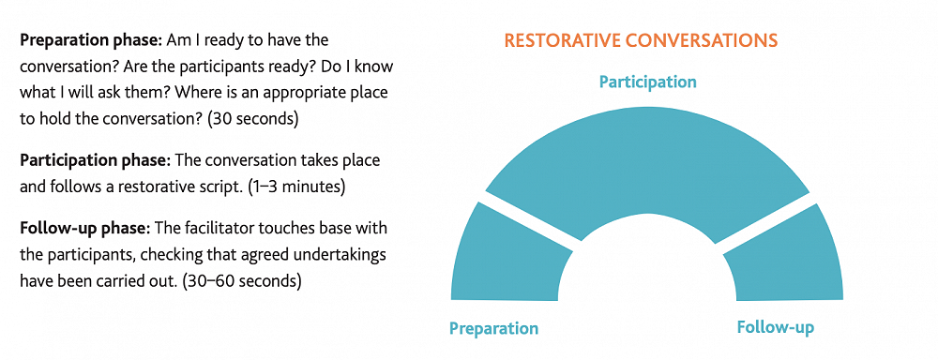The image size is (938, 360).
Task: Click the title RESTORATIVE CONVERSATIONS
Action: coord(641,40)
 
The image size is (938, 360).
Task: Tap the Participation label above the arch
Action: coord(648,82)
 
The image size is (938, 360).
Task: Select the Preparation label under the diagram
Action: coord(494,328)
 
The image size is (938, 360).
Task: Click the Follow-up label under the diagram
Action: coord(776,328)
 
